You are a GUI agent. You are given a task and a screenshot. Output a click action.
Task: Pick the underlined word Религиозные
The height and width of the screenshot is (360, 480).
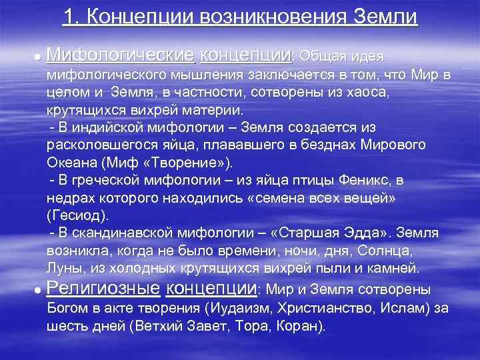(x=103, y=289)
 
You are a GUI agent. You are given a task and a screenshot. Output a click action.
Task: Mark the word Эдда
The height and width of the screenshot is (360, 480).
(x=369, y=235)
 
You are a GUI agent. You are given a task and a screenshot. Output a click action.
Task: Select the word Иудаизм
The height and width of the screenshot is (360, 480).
(x=239, y=309)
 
